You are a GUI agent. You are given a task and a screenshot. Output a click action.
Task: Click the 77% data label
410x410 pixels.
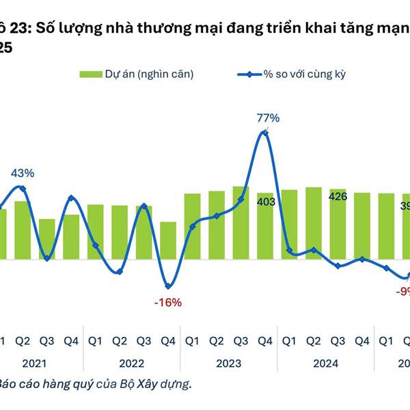[x=269, y=118]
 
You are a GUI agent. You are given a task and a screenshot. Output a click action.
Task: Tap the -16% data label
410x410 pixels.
[x=168, y=302]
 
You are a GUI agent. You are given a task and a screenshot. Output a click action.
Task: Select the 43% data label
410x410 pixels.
[x=22, y=173]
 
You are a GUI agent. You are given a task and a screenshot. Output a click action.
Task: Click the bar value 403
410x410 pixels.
[x=265, y=202]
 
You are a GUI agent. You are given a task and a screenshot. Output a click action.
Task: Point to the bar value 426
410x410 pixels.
[x=338, y=197]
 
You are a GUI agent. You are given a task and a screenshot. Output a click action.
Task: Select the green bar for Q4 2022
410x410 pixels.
[x=168, y=241]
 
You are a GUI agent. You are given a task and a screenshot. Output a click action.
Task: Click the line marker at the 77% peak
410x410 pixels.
[x=265, y=133]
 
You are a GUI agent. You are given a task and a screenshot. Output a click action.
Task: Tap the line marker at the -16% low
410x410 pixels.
[x=168, y=286]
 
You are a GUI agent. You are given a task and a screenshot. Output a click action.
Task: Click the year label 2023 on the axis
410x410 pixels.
[x=229, y=364]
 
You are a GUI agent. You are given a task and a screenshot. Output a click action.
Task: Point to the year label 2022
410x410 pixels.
[x=132, y=364]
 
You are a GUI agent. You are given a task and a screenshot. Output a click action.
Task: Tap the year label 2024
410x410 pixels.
[x=326, y=364]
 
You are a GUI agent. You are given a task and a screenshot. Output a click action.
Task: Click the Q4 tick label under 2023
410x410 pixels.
[x=265, y=340]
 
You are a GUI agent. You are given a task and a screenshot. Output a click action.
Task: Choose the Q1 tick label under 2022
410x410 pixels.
[x=96, y=340]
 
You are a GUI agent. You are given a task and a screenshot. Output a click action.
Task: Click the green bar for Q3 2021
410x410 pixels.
[x=47, y=239]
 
